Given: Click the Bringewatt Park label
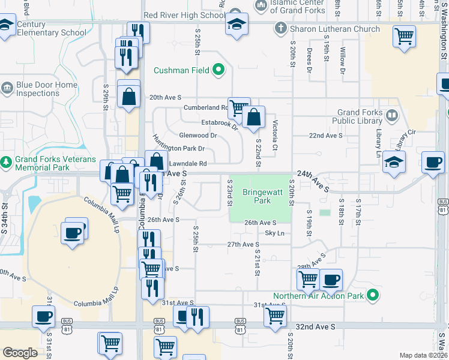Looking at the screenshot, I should point(261,197).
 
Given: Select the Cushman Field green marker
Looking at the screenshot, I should point(218,70).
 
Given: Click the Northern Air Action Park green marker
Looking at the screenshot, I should point(373,296).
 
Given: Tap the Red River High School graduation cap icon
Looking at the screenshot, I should point(237,25).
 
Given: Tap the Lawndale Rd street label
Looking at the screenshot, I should point(187,163).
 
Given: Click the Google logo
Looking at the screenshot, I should point(20,353).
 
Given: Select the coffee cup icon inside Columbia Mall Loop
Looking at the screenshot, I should point(73,232).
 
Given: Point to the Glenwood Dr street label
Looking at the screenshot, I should point(197,136).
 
